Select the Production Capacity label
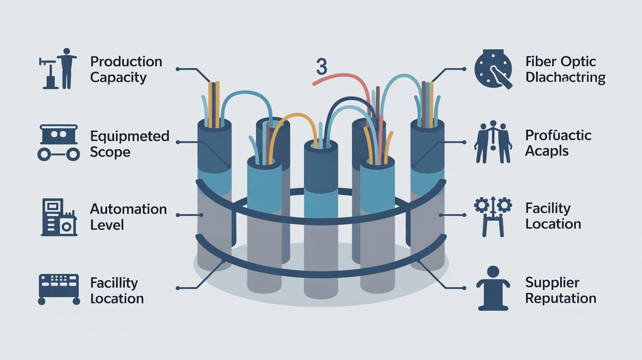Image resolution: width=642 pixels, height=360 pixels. (x=126, y=69)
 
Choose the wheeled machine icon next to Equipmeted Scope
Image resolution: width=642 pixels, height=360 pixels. (x=58, y=142)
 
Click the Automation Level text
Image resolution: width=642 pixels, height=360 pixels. (x=128, y=217)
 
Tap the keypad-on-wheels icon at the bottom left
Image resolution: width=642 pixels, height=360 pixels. (x=58, y=288)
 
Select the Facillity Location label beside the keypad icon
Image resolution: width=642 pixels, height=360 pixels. (x=117, y=291)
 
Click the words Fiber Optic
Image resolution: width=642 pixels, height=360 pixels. (x=561, y=62)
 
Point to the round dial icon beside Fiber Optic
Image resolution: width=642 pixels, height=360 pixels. (x=493, y=69)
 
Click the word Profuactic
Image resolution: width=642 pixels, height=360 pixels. (x=558, y=135)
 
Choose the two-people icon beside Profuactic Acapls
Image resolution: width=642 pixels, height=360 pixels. (x=493, y=142)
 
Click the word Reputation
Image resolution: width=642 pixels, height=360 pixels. (x=561, y=298)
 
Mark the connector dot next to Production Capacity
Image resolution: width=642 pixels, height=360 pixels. (x=177, y=69)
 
